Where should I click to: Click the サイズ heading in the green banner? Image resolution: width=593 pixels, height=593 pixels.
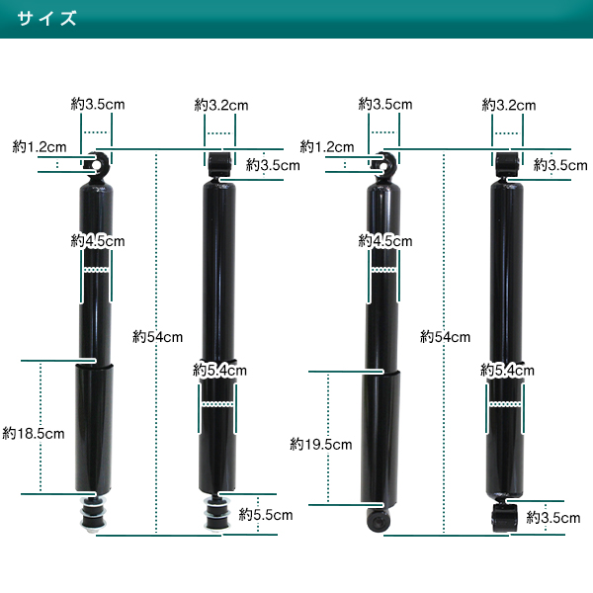coord(46,18)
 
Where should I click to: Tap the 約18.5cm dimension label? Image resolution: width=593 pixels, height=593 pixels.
coord(34,434)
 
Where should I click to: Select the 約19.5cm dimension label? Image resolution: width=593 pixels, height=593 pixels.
coord(321,445)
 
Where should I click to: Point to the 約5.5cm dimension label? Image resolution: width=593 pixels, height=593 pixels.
coord(266,515)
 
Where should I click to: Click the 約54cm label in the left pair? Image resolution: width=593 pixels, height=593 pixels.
coord(158,337)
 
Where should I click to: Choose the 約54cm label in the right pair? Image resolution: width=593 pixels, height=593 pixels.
coord(445,337)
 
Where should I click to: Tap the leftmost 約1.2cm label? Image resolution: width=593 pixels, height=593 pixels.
coord(40,146)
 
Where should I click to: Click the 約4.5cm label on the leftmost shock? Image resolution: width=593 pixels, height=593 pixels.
coord(98,241)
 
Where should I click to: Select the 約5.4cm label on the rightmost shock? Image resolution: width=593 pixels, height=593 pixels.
coord(508,371)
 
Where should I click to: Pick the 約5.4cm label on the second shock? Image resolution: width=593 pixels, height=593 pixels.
coord(219,371)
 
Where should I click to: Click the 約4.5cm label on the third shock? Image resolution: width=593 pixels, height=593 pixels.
coord(385,241)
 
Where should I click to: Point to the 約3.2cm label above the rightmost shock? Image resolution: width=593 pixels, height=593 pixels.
coord(509,105)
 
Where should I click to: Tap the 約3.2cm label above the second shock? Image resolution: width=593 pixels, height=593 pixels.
coord(221,105)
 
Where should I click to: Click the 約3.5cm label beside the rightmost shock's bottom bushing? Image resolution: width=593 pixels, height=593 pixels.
coord(553,517)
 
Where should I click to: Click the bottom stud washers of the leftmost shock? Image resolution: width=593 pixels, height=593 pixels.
coord(93,515)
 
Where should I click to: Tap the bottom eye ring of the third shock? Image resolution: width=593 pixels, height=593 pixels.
coord(379,521)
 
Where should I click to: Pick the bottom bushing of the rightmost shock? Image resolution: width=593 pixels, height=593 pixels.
coord(504,518)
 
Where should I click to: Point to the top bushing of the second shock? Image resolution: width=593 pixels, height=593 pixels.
coord(219,164)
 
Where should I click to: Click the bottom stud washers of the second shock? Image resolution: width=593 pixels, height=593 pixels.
coord(216,513)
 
